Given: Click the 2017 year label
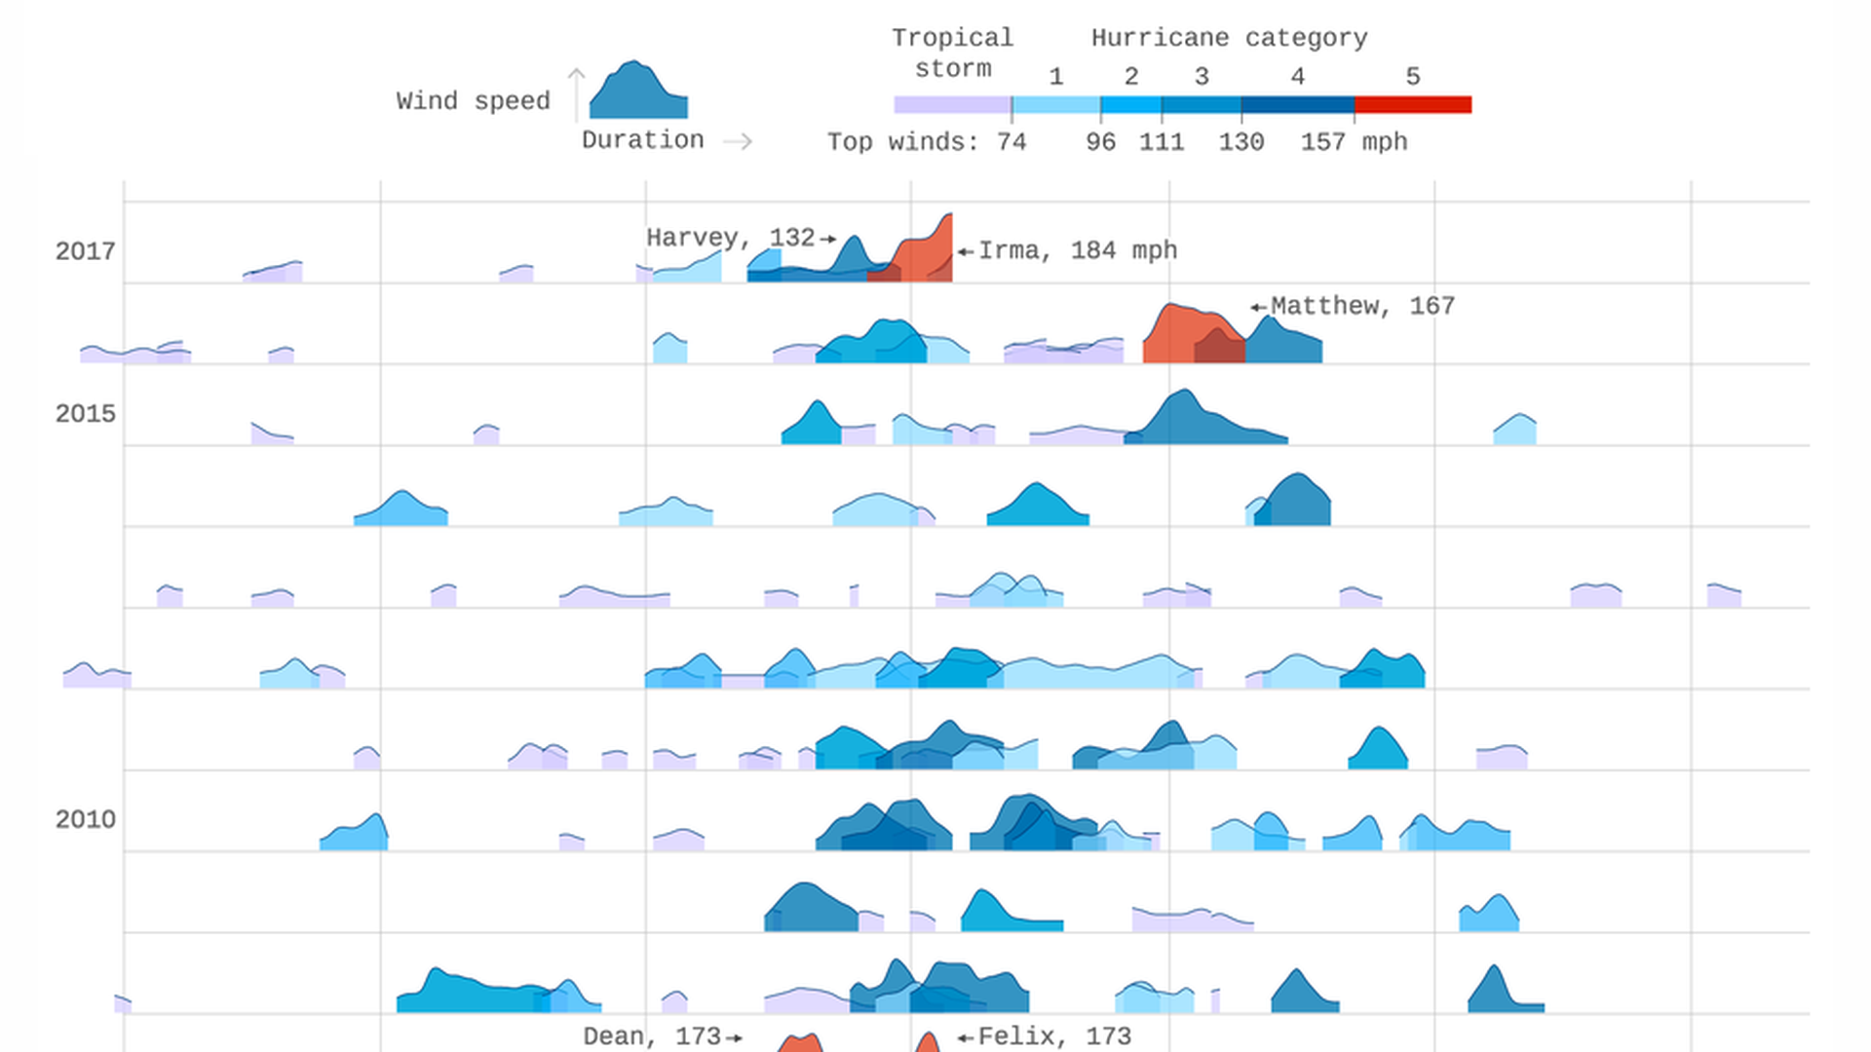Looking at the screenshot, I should tap(85, 251).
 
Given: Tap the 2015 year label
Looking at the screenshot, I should tap(85, 414).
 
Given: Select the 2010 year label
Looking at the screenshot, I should tap(85, 819).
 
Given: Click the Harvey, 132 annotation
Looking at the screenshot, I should tap(730, 238).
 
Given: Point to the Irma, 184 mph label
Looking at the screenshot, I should tap(1077, 250).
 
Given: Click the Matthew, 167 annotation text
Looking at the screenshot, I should tap(1362, 306).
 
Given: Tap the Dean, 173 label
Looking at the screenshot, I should tap(651, 1036).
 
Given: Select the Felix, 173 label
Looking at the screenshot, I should tap(1054, 1036).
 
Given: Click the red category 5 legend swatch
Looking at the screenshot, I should tap(1412, 104).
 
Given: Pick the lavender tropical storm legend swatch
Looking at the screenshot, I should tap(952, 104).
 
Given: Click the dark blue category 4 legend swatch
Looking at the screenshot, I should tap(1297, 104).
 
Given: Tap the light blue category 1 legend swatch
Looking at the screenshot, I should tap(1055, 104).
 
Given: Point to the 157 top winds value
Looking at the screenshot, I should tap(1322, 142).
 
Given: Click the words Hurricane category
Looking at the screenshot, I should tap(1229, 38).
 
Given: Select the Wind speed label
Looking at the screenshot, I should tap(473, 101).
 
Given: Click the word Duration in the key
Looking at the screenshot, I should tap(642, 140).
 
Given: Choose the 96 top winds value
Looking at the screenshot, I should tap(1100, 142).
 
